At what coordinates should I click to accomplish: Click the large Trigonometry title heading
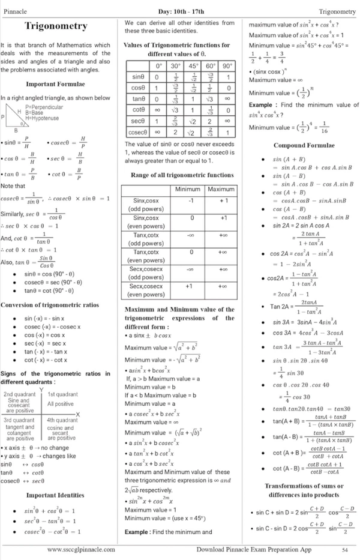[x=56, y=26]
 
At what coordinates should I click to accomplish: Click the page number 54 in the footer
[x=345, y=549]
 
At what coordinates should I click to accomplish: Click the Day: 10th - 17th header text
[x=181, y=11]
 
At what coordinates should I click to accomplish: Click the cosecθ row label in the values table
[x=138, y=132]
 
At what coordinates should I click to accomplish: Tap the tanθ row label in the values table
[x=138, y=98]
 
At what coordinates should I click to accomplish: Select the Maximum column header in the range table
[x=221, y=189]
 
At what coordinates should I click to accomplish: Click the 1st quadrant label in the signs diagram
[x=62, y=394]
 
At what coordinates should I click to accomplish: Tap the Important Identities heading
[x=55, y=495]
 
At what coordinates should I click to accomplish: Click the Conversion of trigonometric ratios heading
[x=50, y=305]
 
